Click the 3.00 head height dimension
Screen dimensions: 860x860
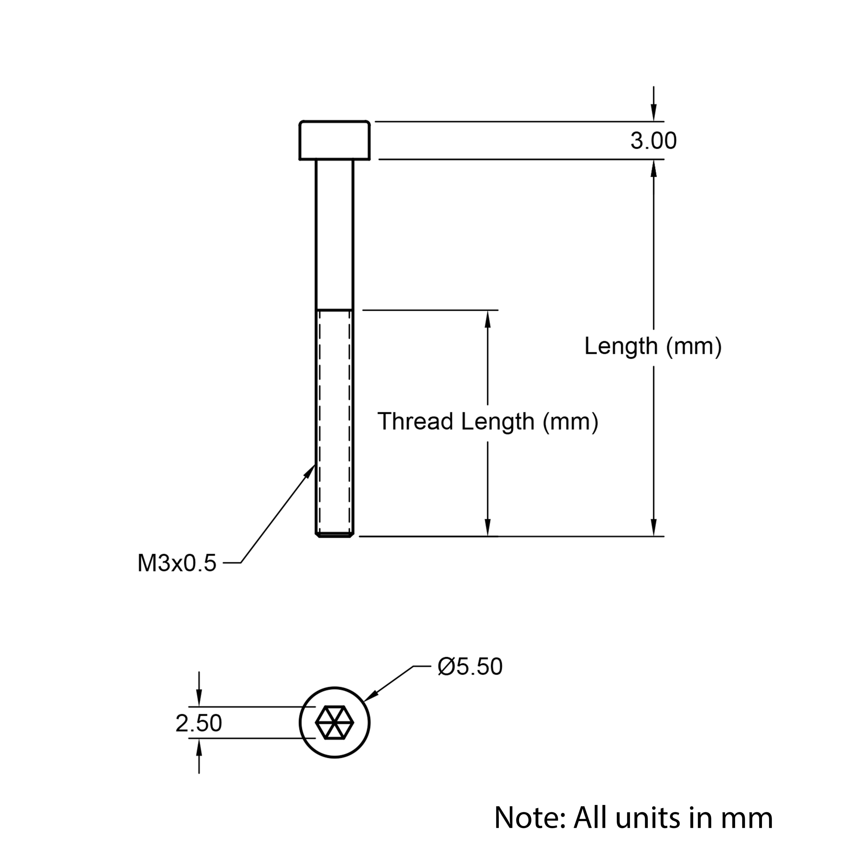pyautogui.click(x=653, y=141)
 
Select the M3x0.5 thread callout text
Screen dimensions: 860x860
pyautogui.click(x=177, y=563)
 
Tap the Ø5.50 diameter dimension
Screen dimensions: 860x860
pyautogui.click(x=470, y=666)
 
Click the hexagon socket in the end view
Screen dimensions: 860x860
pyautogui.click(x=334, y=723)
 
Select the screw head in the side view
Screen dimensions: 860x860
pyautogui.click(x=334, y=140)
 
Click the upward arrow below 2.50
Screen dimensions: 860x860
pyautogui.click(x=199, y=756)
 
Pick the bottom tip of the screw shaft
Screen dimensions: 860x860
pyautogui.click(x=334, y=536)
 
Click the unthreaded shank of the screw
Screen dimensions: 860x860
pyautogui.click(x=334, y=234)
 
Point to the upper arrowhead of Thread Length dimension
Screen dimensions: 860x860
pyautogui.click(x=488, y=319)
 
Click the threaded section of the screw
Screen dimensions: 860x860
pyautogui.click(x=334, y=423)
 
